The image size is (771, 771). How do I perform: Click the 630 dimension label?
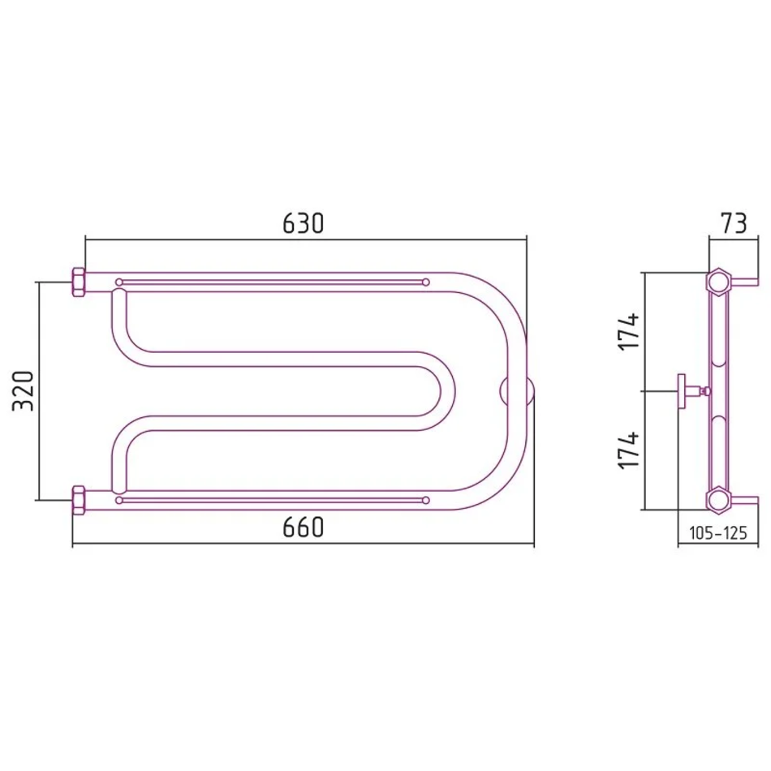point(304,223)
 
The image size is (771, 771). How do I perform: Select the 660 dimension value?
point(304,528)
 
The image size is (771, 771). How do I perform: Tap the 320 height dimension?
point(23,391)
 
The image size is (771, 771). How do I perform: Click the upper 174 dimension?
point(629,331)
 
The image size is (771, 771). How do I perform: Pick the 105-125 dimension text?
point(718,532)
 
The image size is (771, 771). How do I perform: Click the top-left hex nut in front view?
point(79,282)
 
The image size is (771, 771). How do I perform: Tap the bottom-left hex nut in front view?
point(79,500)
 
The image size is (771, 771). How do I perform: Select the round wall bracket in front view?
point(517,391)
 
